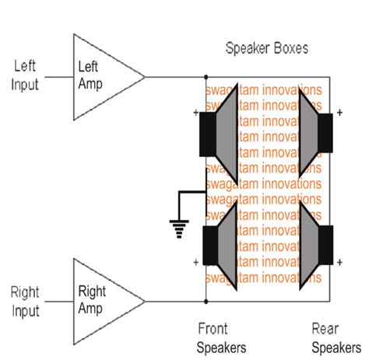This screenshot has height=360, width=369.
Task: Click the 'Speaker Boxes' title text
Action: (266, 48)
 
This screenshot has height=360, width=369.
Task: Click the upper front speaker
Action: (222, 137)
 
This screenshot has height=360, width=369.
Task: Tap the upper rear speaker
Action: (315, 137)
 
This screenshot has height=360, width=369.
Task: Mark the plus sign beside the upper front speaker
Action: (195, 113)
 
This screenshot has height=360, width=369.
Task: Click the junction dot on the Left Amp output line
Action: (206, 77)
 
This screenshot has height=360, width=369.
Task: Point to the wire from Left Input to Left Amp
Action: (59, 77)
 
